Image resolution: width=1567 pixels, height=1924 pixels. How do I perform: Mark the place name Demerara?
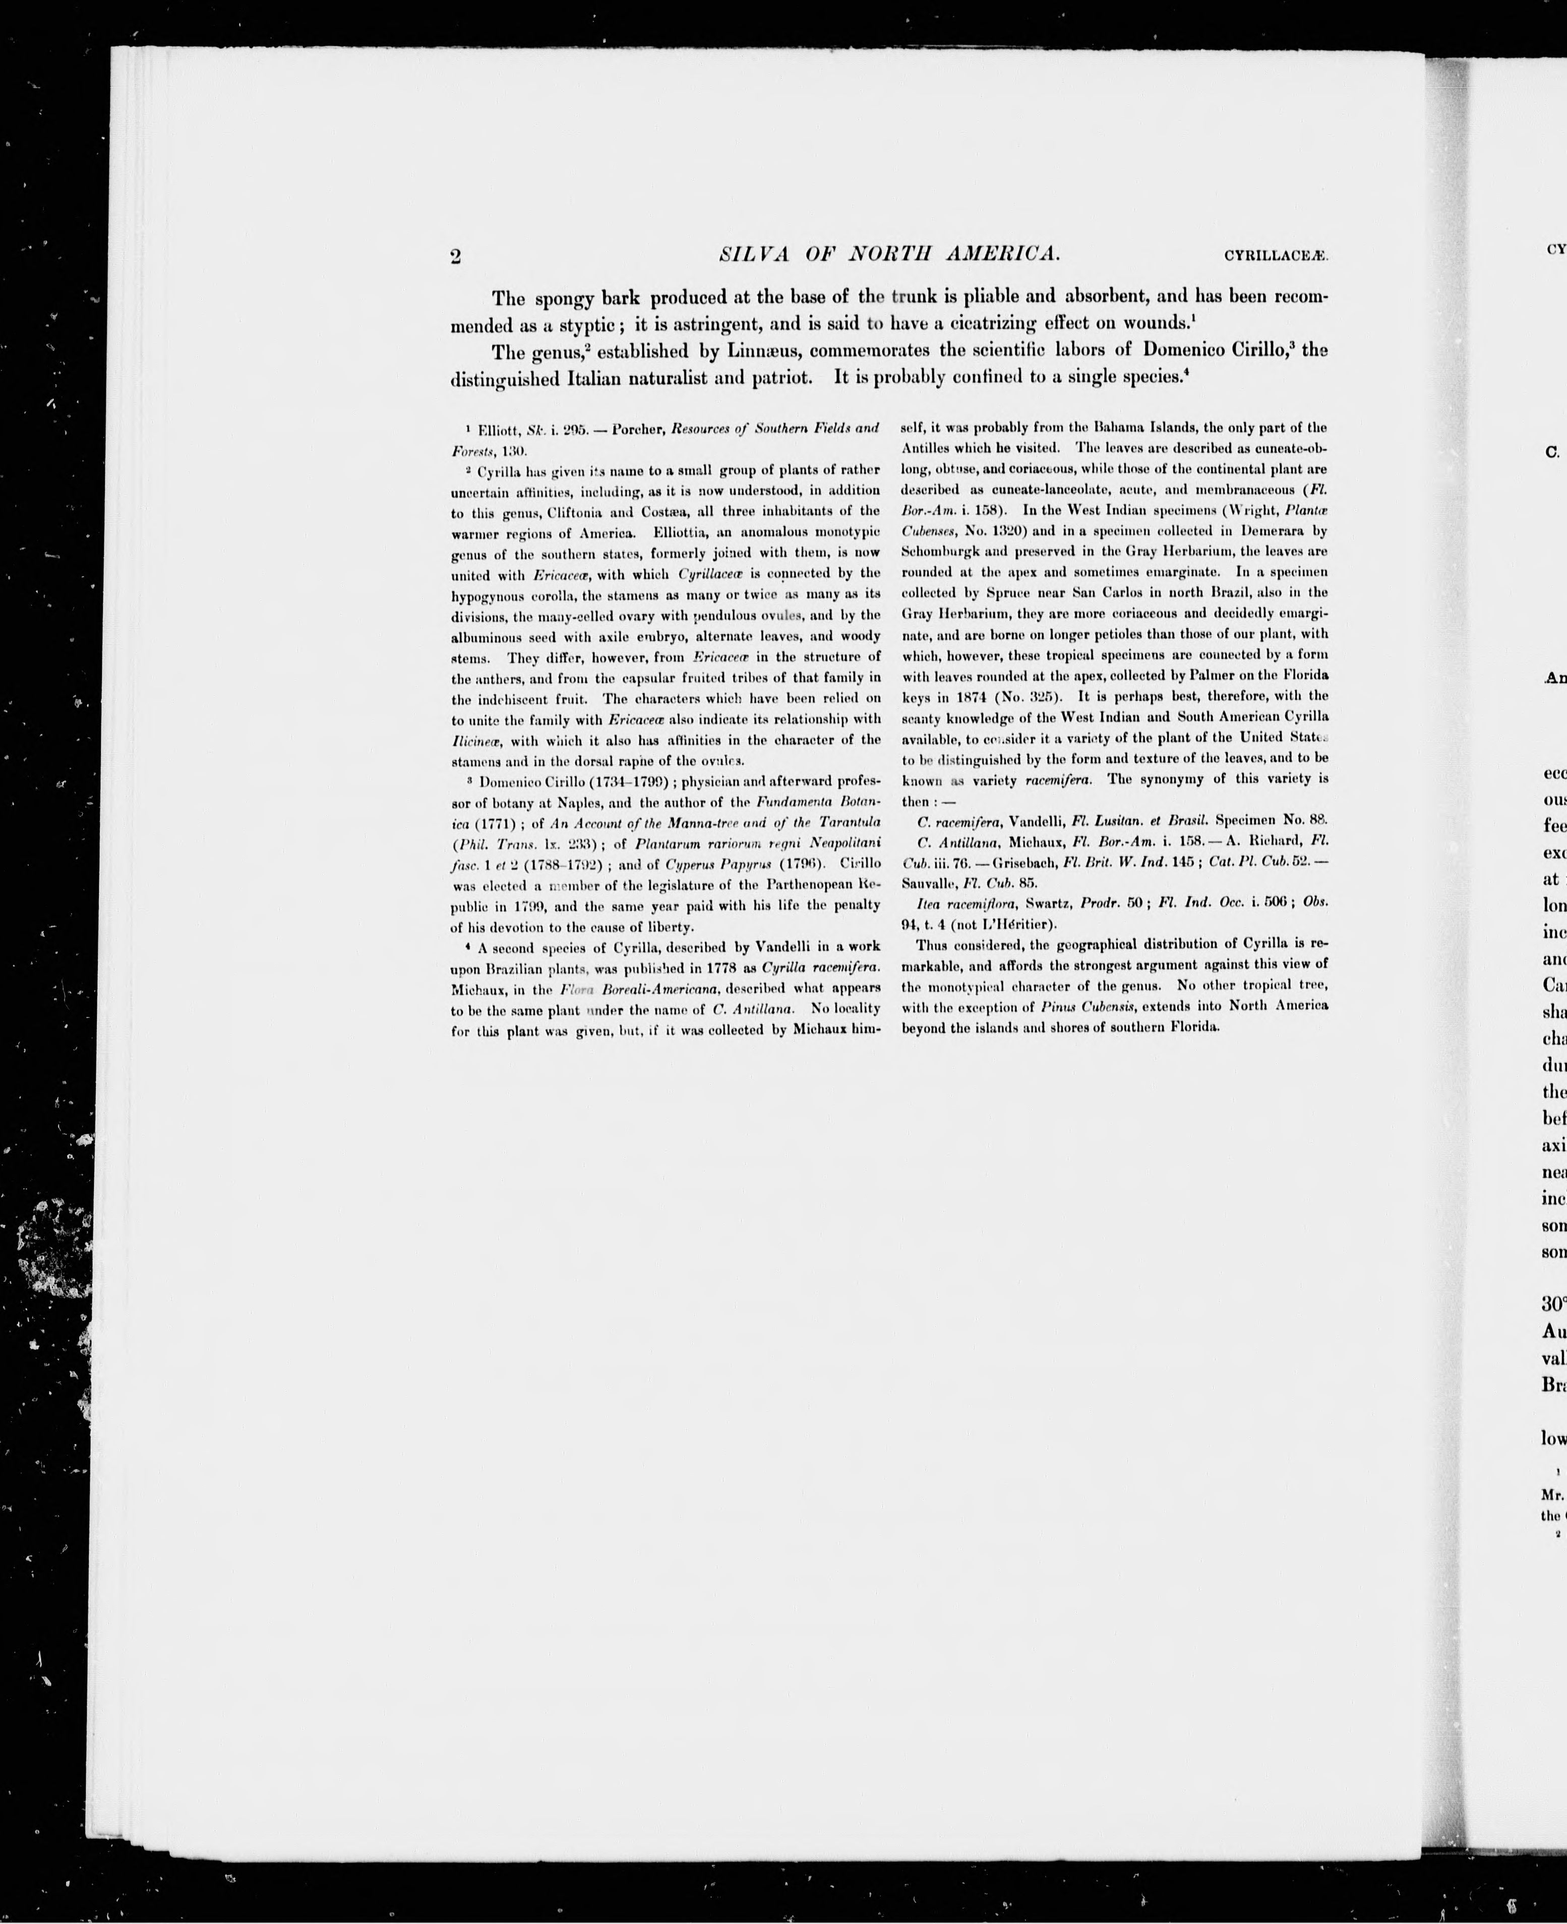[x=1273, y=530]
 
